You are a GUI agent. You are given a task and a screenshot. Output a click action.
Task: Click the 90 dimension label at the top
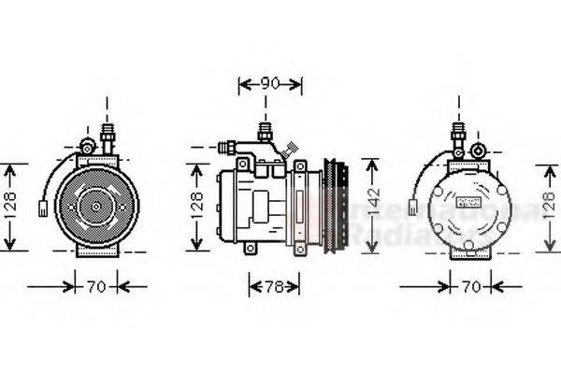click(x=270, y=84)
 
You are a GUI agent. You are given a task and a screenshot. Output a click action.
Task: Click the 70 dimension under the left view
click(x=96, y=286)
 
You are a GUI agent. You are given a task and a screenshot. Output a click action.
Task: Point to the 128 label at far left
click(x=8, y=207)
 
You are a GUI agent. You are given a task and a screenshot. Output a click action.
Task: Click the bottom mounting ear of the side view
click(x=251, y=248)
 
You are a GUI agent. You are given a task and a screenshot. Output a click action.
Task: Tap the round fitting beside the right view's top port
click(x=478, y=150)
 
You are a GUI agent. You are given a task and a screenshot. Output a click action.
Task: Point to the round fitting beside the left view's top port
click(x=87, y=147)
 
